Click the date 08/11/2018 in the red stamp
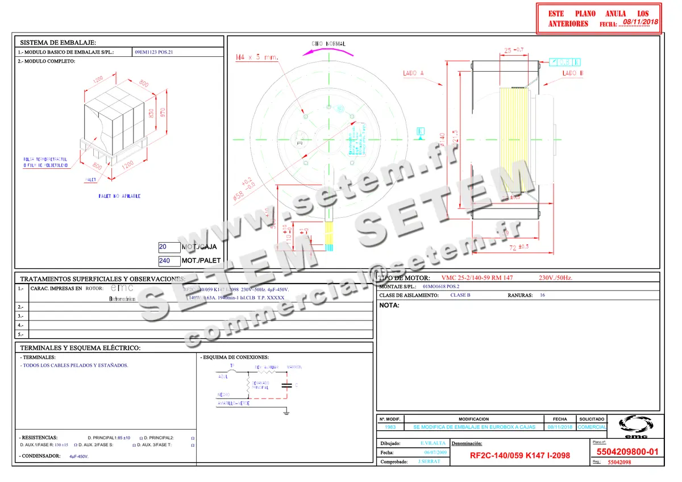click(640, 22)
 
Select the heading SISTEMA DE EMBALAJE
click(58, 43)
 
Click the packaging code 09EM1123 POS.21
click(153, 52)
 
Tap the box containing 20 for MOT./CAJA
click(169, 248)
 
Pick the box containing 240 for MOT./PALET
click(169, 261)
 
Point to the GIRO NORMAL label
click(328, 44)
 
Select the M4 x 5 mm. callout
click(256, 57)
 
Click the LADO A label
click(413, 73)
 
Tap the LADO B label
click(572, 73)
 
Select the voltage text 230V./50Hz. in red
click(555, 278)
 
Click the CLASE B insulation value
click(460, 296)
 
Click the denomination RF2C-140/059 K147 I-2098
click(519, 456)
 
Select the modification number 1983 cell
click(390, 427)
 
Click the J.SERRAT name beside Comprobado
click(429, 462)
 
